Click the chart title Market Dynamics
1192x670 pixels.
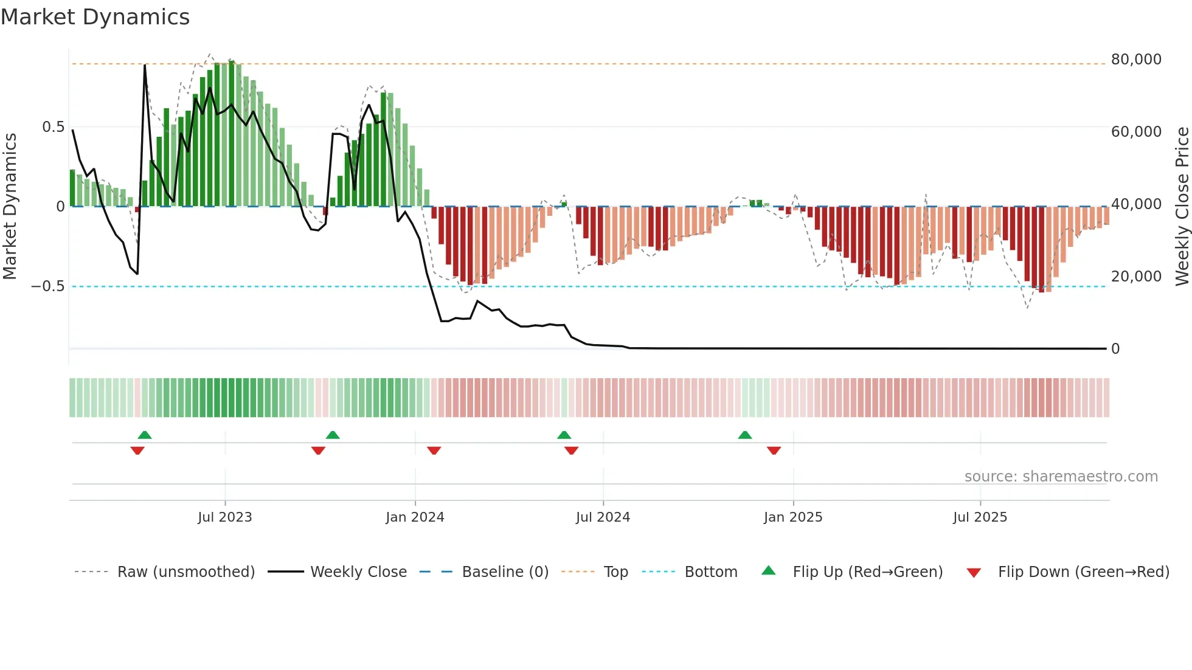95,17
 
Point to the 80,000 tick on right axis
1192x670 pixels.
1135,60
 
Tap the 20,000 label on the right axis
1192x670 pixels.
1135,277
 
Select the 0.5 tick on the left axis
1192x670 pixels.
53,127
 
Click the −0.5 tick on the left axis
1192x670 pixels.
47,286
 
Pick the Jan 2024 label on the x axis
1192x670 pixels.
415,517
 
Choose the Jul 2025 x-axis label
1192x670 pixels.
980,517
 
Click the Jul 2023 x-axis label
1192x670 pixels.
224,517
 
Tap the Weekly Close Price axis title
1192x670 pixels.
1182,206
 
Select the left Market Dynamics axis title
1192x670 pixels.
10,206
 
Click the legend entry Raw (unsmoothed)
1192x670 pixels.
185,572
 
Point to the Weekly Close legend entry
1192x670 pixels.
358,572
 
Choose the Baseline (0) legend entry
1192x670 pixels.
505,572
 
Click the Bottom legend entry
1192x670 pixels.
710,572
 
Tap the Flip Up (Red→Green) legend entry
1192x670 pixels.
867,572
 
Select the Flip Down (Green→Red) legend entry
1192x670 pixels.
1083,572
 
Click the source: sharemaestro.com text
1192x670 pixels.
1061,477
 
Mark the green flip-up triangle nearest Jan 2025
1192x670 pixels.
745,435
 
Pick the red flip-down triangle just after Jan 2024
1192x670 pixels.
434,451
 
